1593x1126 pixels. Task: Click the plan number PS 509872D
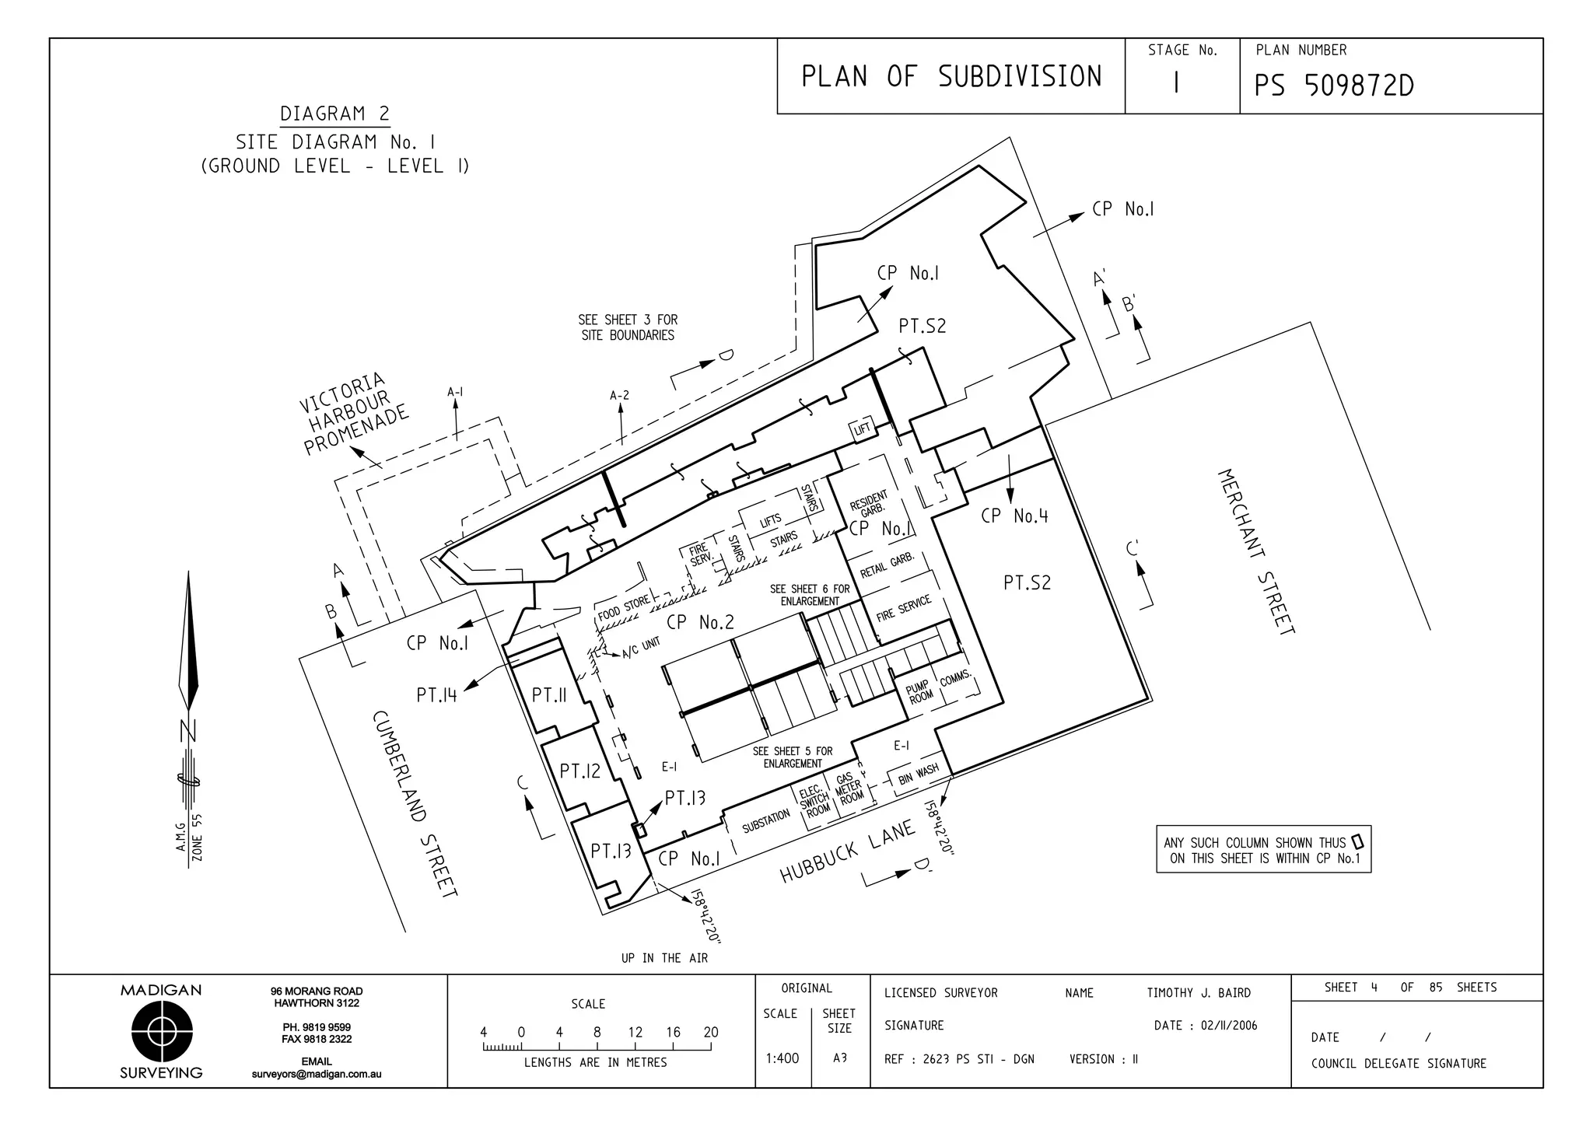[1333, 86]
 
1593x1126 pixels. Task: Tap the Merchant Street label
[1256, 551]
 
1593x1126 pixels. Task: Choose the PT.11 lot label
[548, 694]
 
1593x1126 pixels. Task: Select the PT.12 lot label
[580, 771]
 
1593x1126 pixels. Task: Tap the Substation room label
[765, 820]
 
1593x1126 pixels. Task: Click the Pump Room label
[919, 691]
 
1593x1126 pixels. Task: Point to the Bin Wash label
[918, 775]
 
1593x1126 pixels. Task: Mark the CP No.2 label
[700, 622]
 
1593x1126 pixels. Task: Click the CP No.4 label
[1014, 516]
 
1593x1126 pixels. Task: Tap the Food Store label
[623, 609]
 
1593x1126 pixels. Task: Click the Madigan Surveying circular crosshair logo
[162, 1032]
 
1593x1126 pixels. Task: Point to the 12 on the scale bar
[635, 1033]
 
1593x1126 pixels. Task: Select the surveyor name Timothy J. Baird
[1198, 993]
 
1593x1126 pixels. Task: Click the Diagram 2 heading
[334, 114]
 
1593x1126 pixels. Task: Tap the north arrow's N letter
[188, 732]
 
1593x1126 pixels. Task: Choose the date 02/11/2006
[1228, 1026]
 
